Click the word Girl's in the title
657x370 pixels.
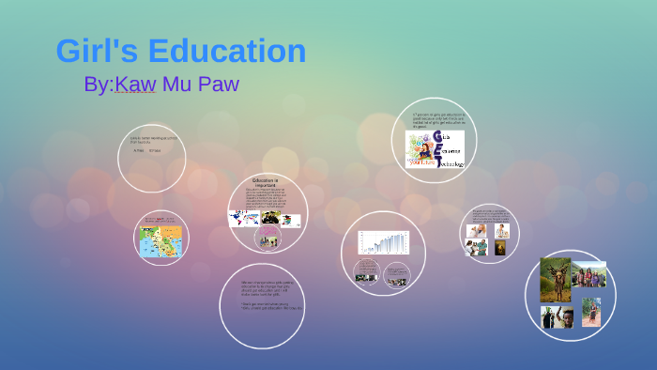click(x=91, y=52)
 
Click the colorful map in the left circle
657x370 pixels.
click(x=160, y=241)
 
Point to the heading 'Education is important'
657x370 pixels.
click(x=267, y=182)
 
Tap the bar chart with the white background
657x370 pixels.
click(x=384, y=242)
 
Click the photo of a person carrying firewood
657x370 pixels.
click(x=555, y=280)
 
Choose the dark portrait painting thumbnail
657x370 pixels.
click(x=500, y=248)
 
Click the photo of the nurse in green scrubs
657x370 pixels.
click(x=503, y=229)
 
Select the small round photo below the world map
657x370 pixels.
click(x=267, y=239)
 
